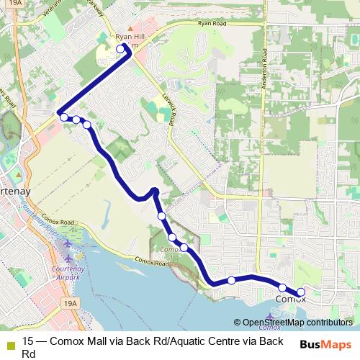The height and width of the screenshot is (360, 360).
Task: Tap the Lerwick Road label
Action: pos(172,112)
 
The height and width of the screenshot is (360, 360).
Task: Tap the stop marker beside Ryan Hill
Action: pos(120,49)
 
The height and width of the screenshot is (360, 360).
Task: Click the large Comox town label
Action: pos(291,298)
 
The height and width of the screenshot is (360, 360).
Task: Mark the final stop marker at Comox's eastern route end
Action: pos(301,292)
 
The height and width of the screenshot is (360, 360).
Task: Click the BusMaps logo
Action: pos(325,344)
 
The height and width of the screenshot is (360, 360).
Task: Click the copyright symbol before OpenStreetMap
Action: pos(238,323)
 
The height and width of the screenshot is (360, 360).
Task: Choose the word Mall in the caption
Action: pos(95,341)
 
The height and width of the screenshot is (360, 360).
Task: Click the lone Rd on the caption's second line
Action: pos(29,354)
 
